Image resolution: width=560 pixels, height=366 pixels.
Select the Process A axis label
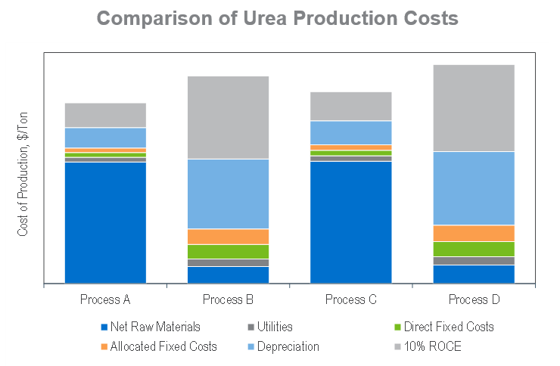coord(105,299)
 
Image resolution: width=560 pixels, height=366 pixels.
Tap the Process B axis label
coord(228,299)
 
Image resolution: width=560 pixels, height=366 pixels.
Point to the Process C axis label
coord(350,299)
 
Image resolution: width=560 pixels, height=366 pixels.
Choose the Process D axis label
coord(474,299)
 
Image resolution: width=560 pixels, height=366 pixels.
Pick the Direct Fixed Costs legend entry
coord(448,327)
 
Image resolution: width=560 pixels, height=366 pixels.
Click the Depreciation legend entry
coord(288,346)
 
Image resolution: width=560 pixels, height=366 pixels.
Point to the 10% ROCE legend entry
coord(432,346)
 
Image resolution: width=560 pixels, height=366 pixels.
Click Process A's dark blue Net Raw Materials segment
coord(105,222)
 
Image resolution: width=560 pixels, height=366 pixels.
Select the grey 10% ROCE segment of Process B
coord(228,117)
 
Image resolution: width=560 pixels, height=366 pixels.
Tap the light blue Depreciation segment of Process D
coord(474,188)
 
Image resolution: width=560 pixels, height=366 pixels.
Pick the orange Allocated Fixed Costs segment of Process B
coord(228,237)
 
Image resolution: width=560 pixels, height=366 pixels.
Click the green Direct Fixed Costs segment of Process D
coord(474,249)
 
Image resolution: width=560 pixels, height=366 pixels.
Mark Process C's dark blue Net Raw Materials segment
coord(350,222)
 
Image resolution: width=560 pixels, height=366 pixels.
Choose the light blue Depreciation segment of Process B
coord(228,194)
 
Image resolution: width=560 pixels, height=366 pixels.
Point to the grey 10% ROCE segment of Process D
coord(474,108)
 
